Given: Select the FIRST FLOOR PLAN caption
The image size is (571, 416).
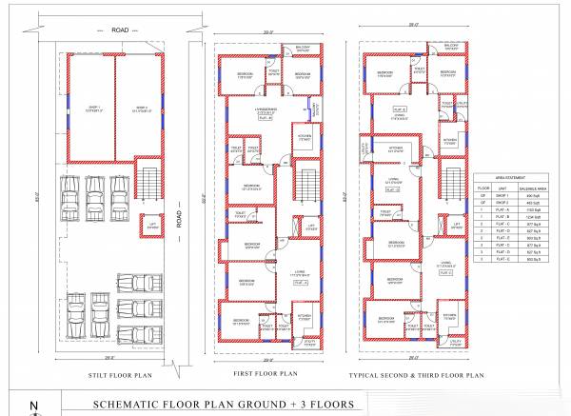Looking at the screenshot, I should click(268, 373).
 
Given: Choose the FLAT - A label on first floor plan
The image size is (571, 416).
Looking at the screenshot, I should click(300, 283).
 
